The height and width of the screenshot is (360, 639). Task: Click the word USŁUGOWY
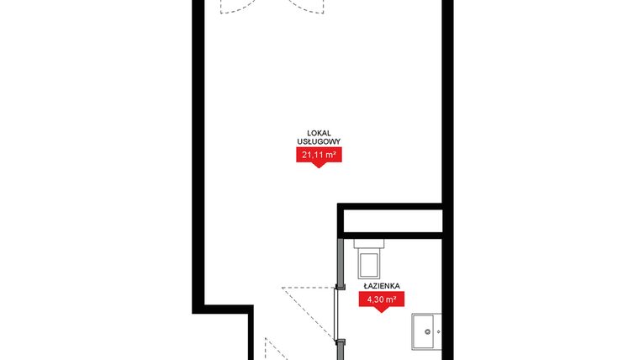click(319, 142)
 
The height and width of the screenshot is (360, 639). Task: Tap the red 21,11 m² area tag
click(319, 154)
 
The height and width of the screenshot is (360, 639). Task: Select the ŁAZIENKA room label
click(381, 286)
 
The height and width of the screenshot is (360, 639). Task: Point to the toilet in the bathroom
click(370, 266)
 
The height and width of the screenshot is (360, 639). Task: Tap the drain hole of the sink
click(428, 332)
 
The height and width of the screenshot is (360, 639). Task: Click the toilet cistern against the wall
click(370, 245)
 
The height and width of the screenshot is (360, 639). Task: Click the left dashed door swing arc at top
click(237, 8)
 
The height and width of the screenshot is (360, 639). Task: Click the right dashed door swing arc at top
click(307, 8)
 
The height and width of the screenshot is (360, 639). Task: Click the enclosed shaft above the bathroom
click(389, 220)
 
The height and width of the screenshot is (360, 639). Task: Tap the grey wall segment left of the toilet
click(339, 261)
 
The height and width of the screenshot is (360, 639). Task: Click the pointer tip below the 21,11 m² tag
click(319, 167)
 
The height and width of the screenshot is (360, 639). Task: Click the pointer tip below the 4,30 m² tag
click(381, 310)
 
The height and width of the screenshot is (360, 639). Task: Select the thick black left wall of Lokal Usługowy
click(199, 151)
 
